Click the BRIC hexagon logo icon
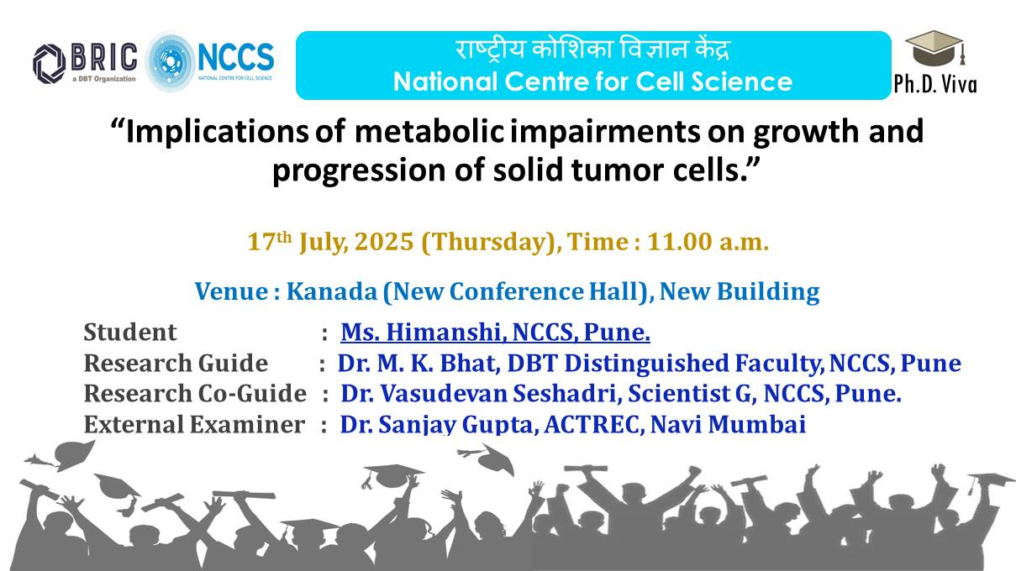click(49, 64)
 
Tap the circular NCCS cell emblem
click(170, 61)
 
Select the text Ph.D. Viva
click(934, 84)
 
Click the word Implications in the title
click(217, 133)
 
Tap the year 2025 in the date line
click(384, 241)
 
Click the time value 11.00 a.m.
click(708, 241)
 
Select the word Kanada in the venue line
click(332, 291)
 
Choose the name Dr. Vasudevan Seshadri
click(478, 393)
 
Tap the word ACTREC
click(594, 425)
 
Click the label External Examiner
click(194, 425)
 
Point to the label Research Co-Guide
click(195, 393)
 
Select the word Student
click(129, 333)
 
